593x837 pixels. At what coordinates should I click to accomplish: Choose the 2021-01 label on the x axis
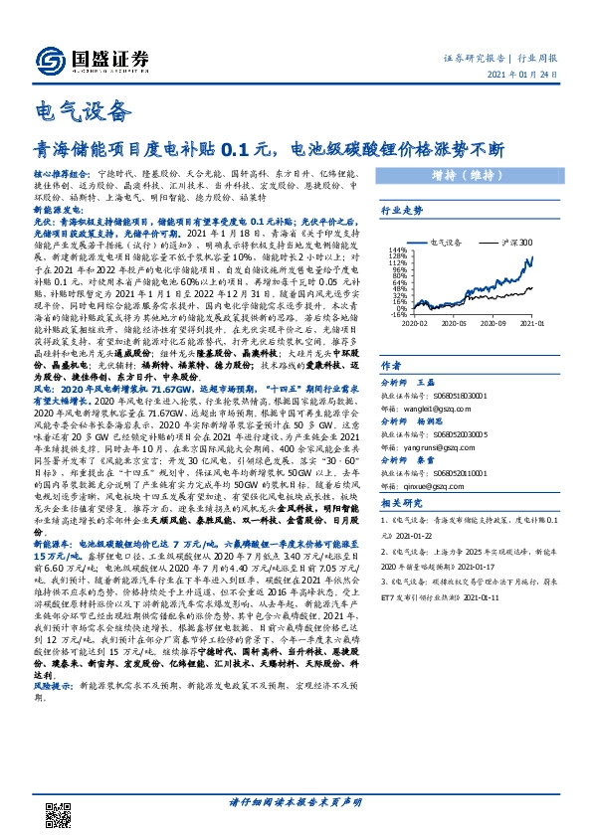click(x=532, y=323)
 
